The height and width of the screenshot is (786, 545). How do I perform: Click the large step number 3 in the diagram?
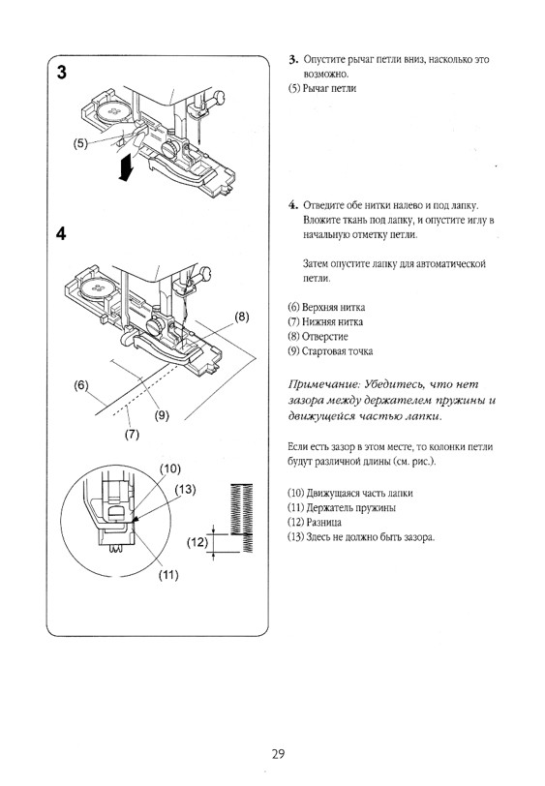pos(61,73)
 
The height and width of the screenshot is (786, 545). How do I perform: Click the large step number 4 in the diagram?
pos(61,233)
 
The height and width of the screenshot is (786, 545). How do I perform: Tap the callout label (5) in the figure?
pos(80,143)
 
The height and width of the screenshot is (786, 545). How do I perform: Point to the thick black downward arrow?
pos(125,166)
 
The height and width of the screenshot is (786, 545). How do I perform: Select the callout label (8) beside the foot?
pos(242,317)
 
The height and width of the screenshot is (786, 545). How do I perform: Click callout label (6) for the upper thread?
pos(80,385)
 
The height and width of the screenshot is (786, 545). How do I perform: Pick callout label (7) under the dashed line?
pos(132,434)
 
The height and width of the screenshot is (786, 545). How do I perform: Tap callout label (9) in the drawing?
pos(162,415)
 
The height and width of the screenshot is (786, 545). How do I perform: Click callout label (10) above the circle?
pos(170,469)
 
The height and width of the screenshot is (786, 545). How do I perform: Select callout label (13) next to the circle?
pos(185,489)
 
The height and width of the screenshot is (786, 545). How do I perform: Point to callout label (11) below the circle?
pos(168,574)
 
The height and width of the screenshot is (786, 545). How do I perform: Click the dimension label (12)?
pos(197,542)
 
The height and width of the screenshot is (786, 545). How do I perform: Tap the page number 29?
pos(278,754)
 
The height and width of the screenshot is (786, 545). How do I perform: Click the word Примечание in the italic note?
pos(324,385)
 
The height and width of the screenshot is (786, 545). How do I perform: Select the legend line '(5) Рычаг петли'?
pos(322,89)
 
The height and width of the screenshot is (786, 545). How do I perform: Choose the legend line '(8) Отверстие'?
pos(318,336)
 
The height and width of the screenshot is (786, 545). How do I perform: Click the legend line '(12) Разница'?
pos(315,523)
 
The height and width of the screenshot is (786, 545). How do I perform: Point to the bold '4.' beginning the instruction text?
pos(294,205)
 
